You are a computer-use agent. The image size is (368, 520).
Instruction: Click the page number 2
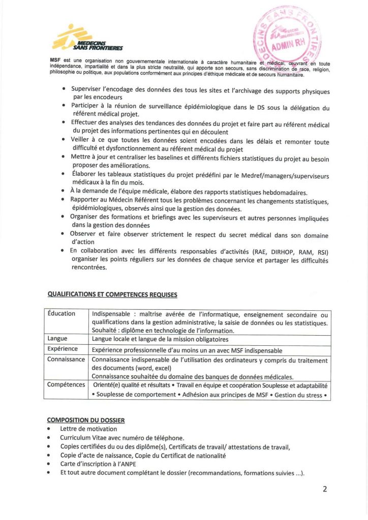click(x=324, y=490)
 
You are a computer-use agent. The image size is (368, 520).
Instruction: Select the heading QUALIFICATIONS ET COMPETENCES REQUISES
click(x=112, y=294)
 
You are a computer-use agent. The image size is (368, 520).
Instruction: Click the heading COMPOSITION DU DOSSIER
click(x=85, y=420)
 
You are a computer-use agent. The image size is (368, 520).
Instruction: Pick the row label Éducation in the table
click(x=62, y=313)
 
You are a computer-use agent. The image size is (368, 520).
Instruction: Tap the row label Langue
click(x=57, y=338)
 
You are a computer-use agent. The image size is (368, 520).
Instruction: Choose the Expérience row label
click(x=63, y=349)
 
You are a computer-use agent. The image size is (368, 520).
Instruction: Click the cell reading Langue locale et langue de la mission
click(x=160, y=339)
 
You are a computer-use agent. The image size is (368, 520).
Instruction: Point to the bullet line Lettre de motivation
click(x=88, y=429)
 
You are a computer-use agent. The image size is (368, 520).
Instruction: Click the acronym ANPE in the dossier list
click(x=131, y=464)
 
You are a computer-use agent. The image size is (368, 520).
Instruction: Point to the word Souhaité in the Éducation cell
click(x=106, y=330)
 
